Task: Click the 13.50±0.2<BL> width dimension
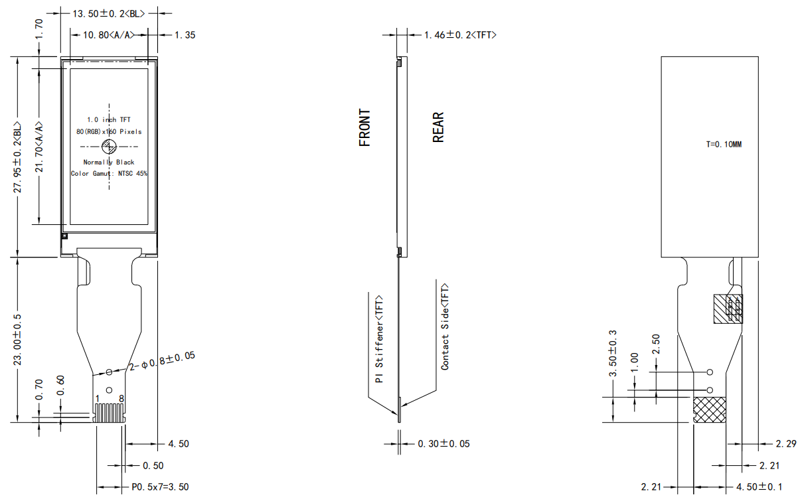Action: [109, 13]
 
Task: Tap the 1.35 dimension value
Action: [185, 35]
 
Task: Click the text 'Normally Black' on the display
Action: [109, 162]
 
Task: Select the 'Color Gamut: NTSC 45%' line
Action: [110, 173]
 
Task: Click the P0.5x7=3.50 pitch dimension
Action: [160, 487]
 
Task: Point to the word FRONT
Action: [364, 127]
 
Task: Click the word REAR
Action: [438, 127]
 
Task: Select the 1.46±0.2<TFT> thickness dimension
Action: [460, 35]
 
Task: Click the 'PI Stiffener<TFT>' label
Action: [379, 338]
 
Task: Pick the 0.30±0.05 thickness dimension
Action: [443, 443]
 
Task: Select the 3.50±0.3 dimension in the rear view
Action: [613, 353]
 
